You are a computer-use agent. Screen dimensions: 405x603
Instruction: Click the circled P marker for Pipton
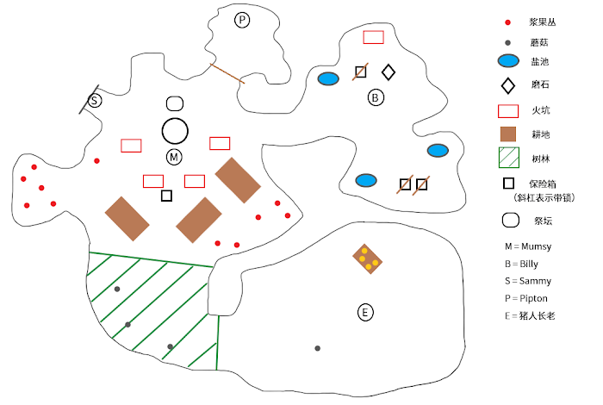242,20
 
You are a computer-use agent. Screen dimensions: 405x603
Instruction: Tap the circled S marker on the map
95,101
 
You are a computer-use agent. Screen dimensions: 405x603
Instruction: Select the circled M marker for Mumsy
175,157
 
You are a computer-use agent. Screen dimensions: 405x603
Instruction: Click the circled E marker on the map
365,312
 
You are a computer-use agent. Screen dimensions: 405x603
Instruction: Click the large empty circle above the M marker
175,131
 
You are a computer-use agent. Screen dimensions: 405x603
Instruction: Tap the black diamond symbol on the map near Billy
389,72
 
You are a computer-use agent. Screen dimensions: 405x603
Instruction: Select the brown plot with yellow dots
368,258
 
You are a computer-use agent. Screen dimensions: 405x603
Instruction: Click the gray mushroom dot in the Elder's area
318,348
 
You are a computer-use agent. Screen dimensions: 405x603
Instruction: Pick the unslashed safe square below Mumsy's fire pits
166,196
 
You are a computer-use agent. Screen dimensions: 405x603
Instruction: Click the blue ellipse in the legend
509,61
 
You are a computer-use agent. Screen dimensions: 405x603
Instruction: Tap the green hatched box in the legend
509,157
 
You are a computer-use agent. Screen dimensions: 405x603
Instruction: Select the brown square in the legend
509,134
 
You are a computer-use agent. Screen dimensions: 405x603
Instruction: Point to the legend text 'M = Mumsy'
528,246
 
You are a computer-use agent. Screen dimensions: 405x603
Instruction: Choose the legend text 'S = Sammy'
528,281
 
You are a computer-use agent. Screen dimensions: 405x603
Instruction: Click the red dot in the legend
508,22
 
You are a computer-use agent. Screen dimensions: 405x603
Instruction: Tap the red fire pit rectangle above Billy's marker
373,37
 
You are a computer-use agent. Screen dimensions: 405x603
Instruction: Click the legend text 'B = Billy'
525,264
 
